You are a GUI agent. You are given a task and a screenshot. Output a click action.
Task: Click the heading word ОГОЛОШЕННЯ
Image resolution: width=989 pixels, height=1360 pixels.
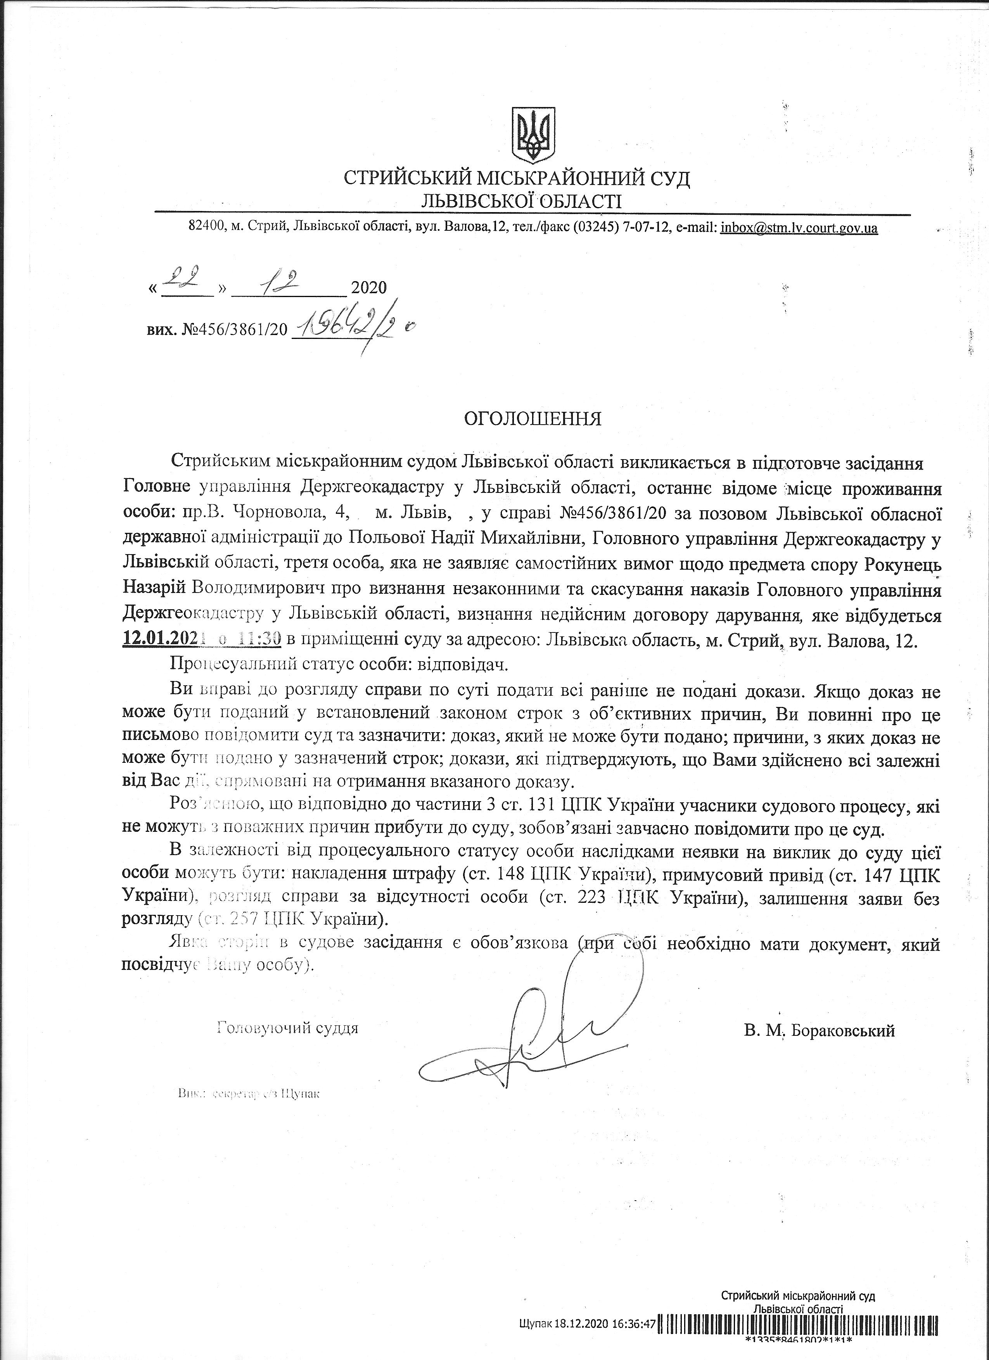coord(533,418)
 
